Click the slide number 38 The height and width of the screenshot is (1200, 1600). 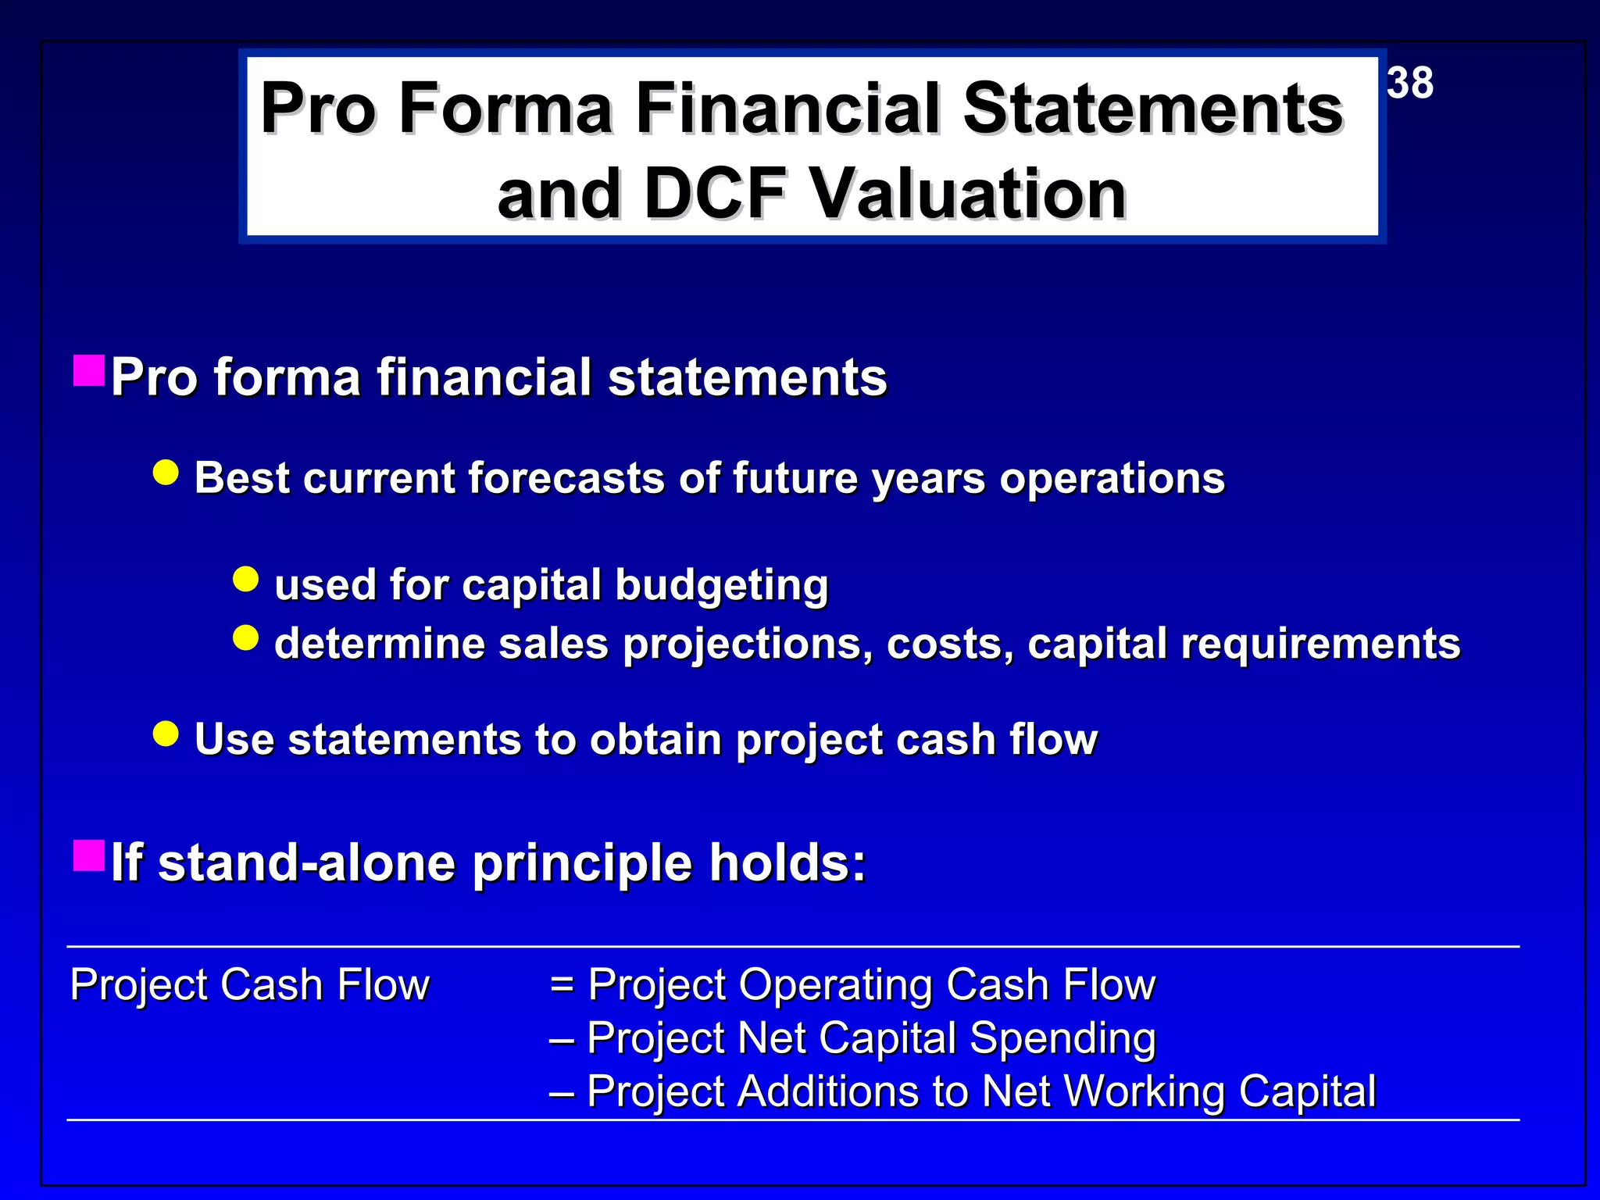(1410, 83)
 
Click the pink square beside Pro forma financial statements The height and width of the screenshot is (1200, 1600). (89, 371)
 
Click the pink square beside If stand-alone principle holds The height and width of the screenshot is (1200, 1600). (89, 856)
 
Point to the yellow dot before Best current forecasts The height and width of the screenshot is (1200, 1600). (166, 473)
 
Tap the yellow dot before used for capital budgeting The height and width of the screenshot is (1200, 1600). (246, 580)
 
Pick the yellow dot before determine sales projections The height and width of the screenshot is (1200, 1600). (246, 638)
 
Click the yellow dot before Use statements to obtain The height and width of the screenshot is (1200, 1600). (166, 734)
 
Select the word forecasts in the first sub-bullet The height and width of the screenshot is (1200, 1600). (566, 478)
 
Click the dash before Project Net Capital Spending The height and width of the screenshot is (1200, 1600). (562, 1040)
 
